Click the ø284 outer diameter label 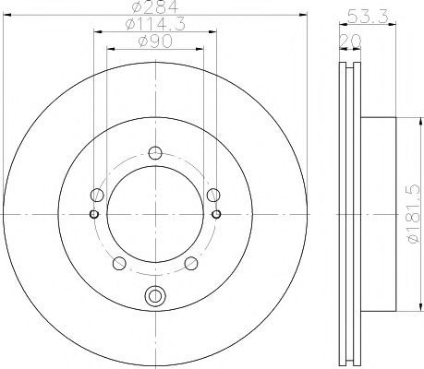tap(155, 6)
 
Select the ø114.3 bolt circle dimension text tap(155, 24)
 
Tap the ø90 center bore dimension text tap(155, 41)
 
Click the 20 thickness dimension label tap(350, 41)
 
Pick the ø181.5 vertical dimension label tap(414, 214)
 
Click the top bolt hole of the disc tap(155, 153)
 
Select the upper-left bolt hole tap(97, 195)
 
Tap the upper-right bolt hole tap(213, 195)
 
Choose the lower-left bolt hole tap(119, 263)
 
